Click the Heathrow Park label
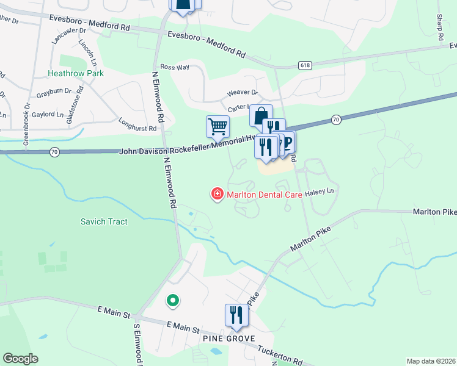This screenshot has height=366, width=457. [x=76, y=73]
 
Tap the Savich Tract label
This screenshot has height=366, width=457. [x=104, y=221]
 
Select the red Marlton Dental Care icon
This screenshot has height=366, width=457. [x=216, y=195]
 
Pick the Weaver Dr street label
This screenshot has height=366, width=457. [x=242, y=92]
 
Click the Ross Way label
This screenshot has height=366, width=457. [x=175, y=67]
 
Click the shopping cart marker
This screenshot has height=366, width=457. [x=218, y=127]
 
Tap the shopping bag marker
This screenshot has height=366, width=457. [x=260, y=116]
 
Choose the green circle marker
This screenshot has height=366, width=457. [x=172, y=300]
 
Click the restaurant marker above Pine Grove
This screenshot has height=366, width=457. [x=236, y=315]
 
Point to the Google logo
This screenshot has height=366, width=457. [x=20, y=359]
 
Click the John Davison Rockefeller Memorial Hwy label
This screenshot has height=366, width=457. [x=186, y=146]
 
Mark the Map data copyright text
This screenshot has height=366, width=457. [x=431, y=361]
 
